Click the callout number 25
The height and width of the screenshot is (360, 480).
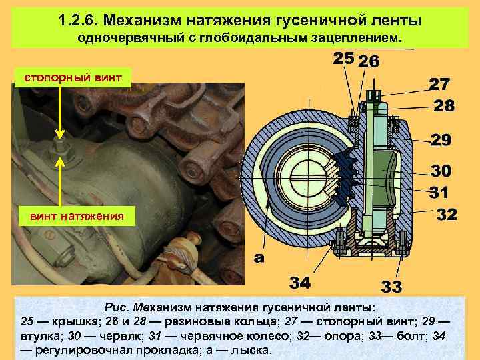click(343, 59)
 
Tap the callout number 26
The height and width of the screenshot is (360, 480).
click(369, 62)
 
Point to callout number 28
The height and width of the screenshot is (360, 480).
click(445, 106)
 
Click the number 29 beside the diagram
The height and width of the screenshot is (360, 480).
click(441, 140)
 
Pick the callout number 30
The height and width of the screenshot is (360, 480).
click(441, 171)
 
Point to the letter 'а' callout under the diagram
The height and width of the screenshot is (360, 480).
click(257, 258)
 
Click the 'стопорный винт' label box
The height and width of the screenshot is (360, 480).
click(73, 77)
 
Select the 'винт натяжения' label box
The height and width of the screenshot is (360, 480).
click(73, 216)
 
